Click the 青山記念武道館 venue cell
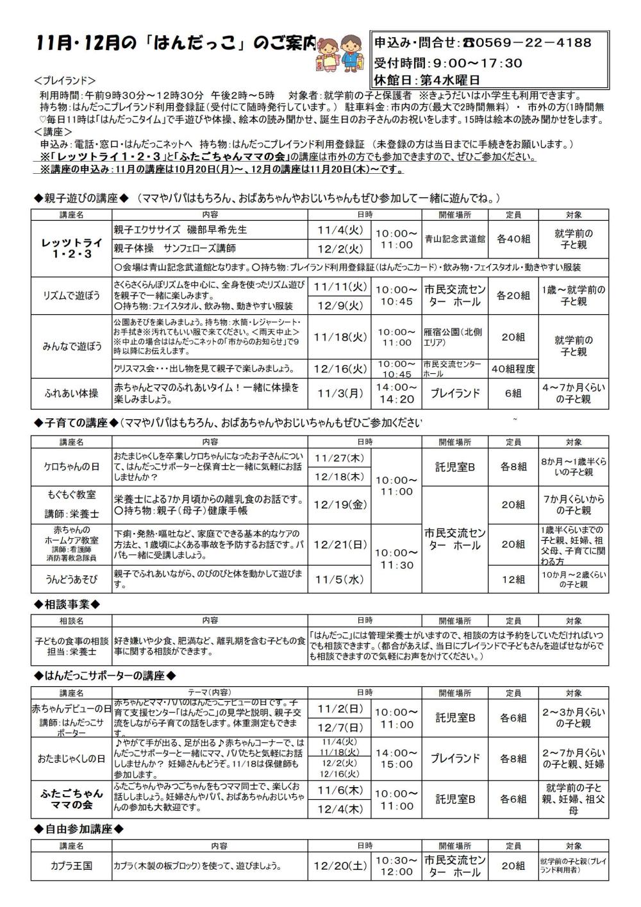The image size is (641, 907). [x=455, y=239]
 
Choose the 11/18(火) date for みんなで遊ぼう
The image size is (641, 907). [x=340, y=337]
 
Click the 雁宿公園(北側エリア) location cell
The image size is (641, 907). [x=454, y=337]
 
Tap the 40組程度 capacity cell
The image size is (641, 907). [x=513, y=369]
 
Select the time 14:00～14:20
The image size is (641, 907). [x=396, y=393]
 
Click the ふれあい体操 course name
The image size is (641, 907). [x=71, y=393]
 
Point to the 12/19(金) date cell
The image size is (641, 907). [x=340, y=504]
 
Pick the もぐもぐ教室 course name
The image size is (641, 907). [x=71, y=495]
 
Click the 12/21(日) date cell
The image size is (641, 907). [x=340, y=545]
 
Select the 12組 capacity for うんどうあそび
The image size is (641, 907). [x=513, y=579]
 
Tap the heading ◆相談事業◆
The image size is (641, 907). [x=67, y=604]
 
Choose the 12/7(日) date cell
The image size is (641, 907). [x=340, y=727]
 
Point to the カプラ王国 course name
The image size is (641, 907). [x=71, y=865]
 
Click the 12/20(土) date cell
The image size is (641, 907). [x=340, y=865]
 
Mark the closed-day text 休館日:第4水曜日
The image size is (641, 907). [x=427, y=80]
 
